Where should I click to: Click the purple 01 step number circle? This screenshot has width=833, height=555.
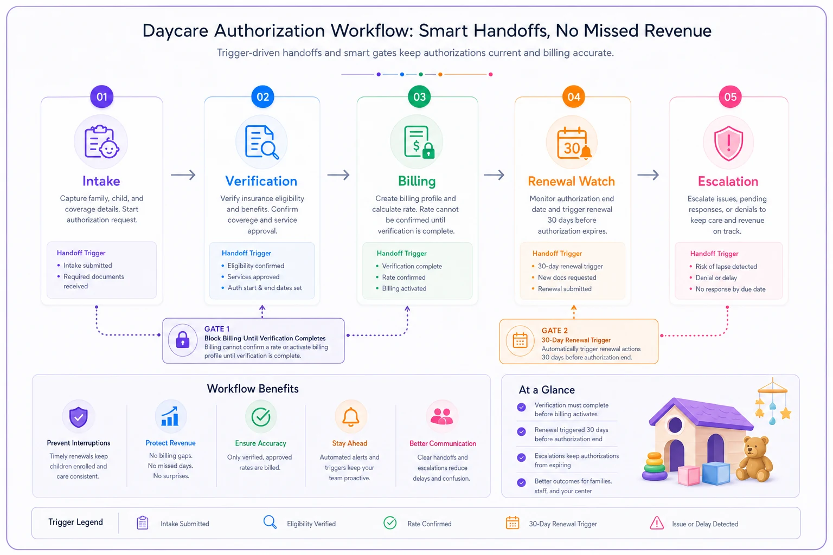click(x=101, y=96)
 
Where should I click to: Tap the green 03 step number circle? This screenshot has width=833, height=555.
click(x=419, y=96)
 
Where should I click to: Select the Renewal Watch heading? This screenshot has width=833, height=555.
click(x=571, y=182)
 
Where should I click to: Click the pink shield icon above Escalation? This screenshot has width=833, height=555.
click(x=728, y=143)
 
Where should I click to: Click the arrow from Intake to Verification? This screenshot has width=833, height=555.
click(x=183, y=175)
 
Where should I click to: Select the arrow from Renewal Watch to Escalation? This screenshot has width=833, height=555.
click(x=648, y=175)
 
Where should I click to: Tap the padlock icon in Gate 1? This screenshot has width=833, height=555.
click(x=183, y=339)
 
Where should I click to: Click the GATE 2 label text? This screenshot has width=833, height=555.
click(x=554, y=331)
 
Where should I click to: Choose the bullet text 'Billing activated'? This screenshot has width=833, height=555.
click(x=404, y=288)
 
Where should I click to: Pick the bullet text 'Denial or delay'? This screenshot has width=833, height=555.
click(x=716, y=277)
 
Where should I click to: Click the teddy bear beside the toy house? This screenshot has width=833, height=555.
click(x=754, y=460)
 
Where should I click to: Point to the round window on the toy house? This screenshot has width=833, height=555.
click(x=675, y=425)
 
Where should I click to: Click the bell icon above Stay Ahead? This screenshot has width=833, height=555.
click(x=350, y=417)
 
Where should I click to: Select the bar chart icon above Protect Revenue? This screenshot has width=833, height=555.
click(x=170, y=416)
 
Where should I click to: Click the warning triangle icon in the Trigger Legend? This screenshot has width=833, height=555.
click(x=657, y=523)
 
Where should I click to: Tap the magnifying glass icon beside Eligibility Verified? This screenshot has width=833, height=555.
click(x=270, y=522)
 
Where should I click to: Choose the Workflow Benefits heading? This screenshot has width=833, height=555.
click(x=253, y=389)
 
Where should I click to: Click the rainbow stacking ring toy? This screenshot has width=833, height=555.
click(x=655, y=467)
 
